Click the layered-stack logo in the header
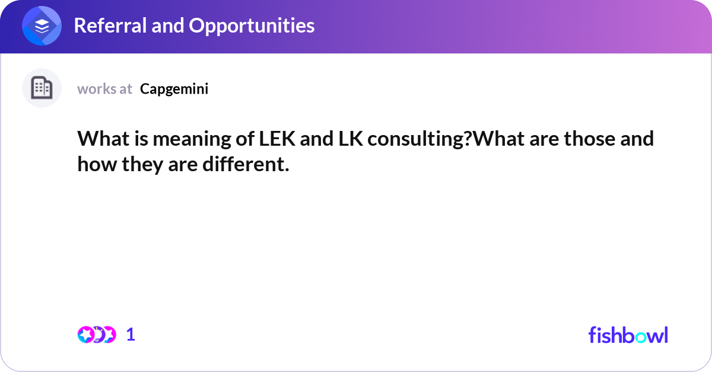(x=42, y=26)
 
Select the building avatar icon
(x=42, y=88)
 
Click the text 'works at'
(x=104, y=89)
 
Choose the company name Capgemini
(x=174, y=89)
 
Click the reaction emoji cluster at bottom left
(x=96, y=335)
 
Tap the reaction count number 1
(x=131, y=335)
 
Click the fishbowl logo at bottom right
(x=628, y=335)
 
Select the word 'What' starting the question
(x=99, y=139)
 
